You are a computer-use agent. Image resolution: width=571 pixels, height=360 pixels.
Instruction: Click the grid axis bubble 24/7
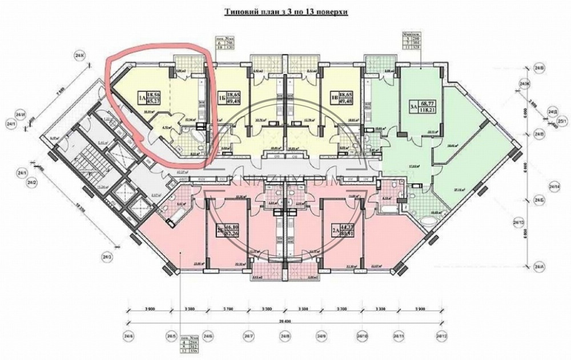(x=248, y=336)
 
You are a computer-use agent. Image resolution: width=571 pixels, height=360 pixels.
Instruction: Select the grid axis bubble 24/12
(x=440, y=336)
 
